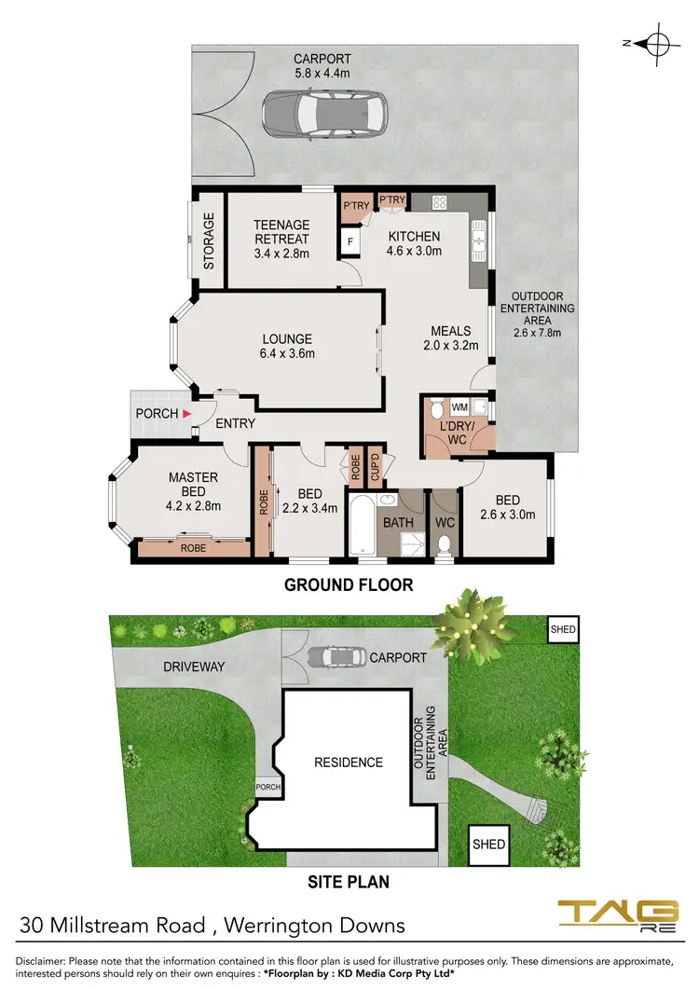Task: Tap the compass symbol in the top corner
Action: tap(658, 43)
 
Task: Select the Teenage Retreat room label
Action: tap(281, 238)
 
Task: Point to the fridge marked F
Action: tap(351, 242)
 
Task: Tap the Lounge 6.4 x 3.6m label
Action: tap(287, 346)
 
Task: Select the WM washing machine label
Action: tap(459, 407)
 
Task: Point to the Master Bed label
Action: tap(193, 491)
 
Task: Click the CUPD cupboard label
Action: tap(375, 466)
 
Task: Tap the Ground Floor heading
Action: tap(348, 585)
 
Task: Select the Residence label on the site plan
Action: tap(348, 762)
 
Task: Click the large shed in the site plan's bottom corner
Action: tap(488, 844)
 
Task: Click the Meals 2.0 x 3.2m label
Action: tap(451, 337)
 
